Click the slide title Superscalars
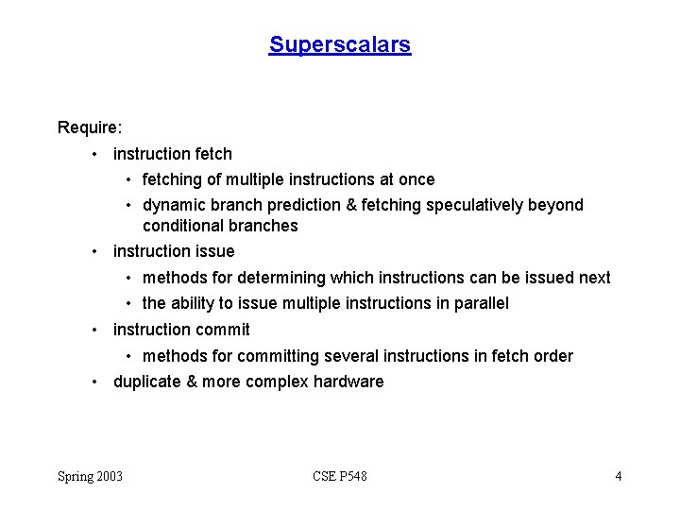[x=340, y=44]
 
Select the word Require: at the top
[x=90, y=127]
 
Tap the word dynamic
[x=172, y=205]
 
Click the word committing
[x=279, y=356]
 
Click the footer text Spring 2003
[x=90, y=476]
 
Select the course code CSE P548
[x=340, y=476]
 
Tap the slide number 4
[x=618, y=476]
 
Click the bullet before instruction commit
[x=95, y=331]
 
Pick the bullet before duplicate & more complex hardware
[x=95, y=382]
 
